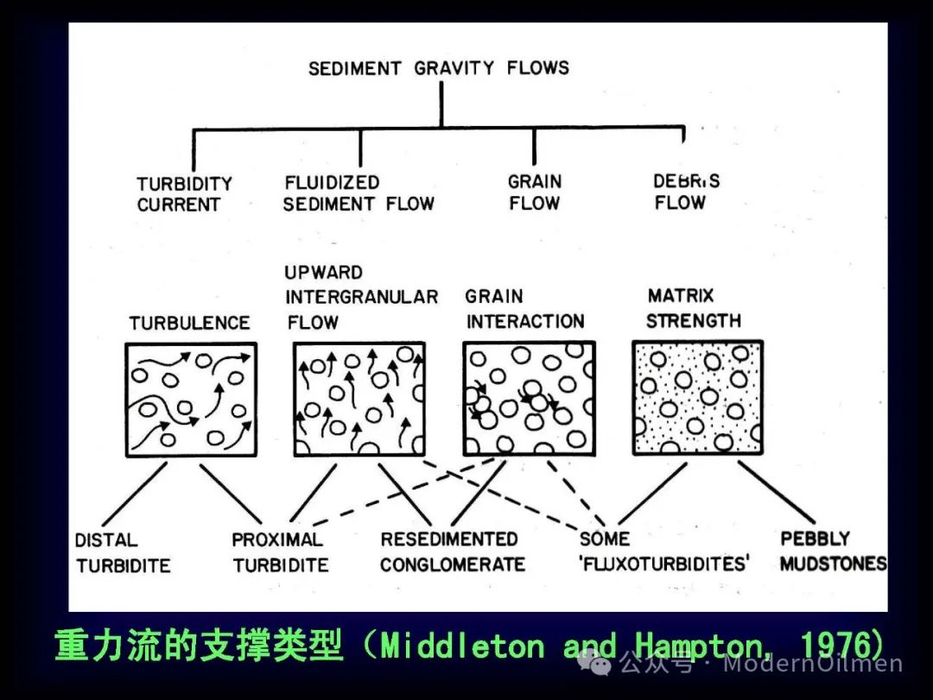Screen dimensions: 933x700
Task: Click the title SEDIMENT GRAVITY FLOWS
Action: (x=439, y=68)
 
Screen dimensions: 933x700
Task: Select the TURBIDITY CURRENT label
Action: (x=184, y=194)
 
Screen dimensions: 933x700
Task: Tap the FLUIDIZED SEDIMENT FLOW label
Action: (x=359, y=192)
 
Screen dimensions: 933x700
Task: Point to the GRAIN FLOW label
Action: (x=535, y=192)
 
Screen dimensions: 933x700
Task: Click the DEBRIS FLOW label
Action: (x=686, y=191)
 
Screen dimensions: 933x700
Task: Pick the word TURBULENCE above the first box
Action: (x=190, y=323)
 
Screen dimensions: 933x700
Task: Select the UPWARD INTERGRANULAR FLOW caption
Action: (x=361, y=297)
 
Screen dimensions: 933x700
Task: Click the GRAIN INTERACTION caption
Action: (x=524, y=309)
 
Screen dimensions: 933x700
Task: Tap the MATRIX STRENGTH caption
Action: (x=693, y=308)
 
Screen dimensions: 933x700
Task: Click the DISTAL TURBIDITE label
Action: (x=123, y=552)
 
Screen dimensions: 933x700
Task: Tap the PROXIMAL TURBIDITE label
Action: (x=280, y=552)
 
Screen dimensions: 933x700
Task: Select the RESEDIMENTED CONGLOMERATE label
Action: (x=453, y=552)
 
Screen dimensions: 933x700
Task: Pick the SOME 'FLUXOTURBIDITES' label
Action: (x=664, y=551)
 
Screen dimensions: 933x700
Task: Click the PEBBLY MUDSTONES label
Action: (x=833, y=550)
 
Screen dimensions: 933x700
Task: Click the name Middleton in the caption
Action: (x=462, y=645)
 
